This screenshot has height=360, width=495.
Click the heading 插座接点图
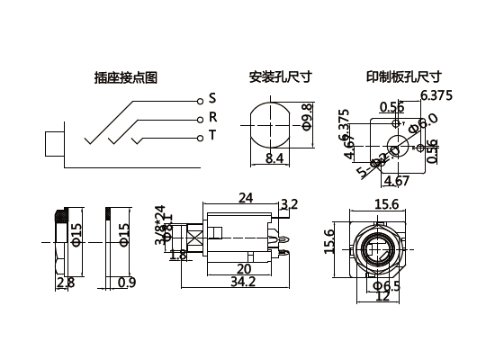point(125,77)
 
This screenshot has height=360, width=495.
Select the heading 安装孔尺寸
point(277,77)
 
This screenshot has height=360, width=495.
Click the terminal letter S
point(212,97)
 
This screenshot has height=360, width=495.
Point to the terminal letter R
point(212,117)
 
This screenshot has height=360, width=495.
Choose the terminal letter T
point(212,137)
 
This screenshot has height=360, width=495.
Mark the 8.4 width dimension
point(275,159)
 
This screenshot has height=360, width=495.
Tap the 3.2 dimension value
point(290,205)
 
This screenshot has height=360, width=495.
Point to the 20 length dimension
point(243,269)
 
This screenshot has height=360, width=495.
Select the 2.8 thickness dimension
point(65,283)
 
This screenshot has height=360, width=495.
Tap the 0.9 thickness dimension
point(127,283)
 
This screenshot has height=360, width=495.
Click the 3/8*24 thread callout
point(160,225)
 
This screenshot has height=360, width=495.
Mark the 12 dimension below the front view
point(383,297)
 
